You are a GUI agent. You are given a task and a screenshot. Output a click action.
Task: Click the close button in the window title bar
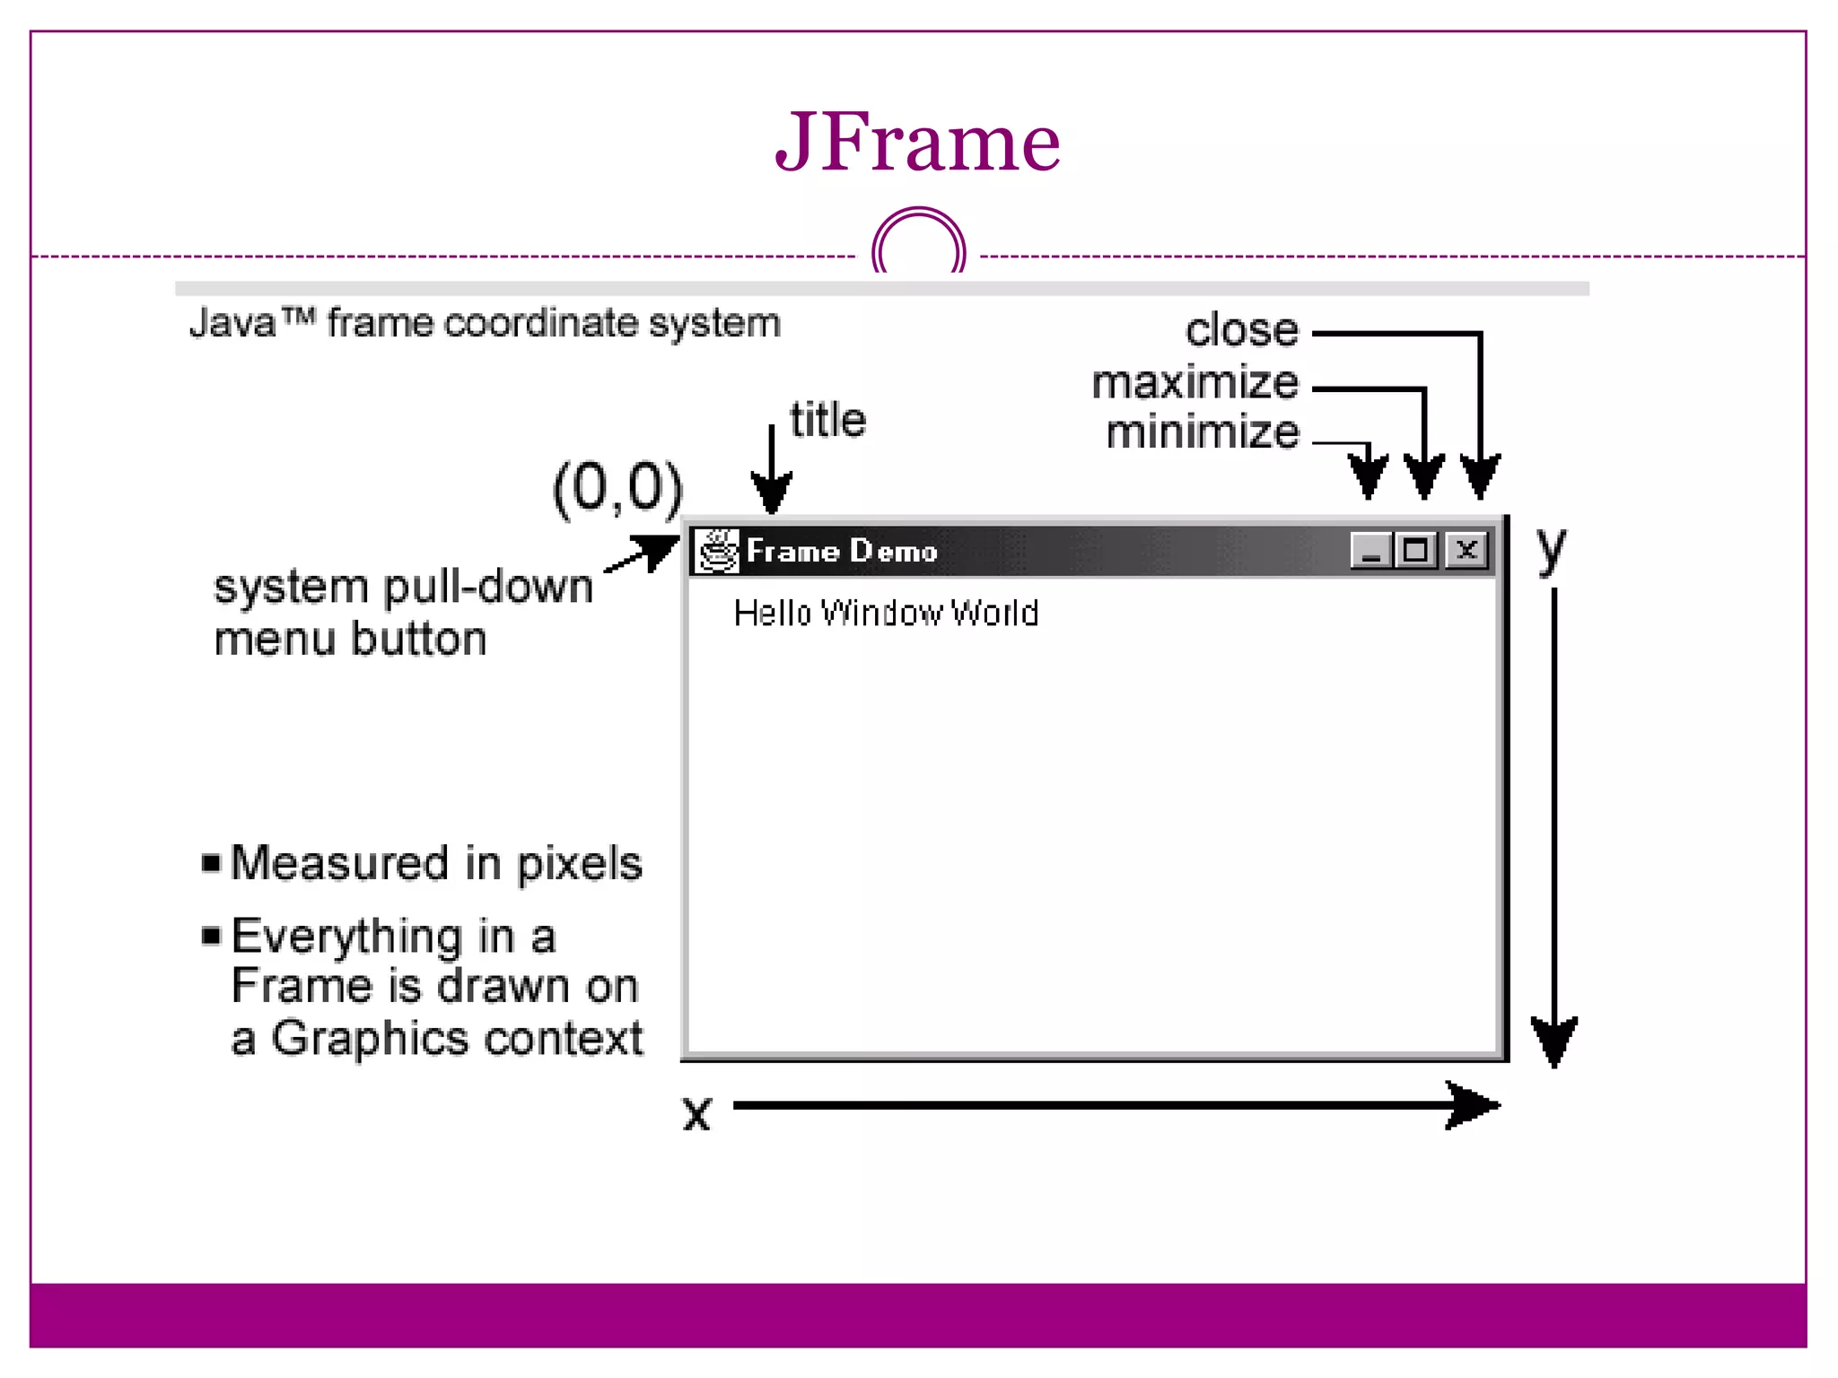tap(1467, 550)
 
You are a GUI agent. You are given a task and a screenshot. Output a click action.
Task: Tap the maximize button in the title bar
tap(1416, 550)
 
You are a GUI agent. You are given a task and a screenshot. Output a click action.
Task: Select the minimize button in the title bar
tap(1370, 550)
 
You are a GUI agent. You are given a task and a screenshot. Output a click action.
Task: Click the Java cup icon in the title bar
tap(718, 550)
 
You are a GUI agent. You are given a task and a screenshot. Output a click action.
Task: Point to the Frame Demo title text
tap(842, 551)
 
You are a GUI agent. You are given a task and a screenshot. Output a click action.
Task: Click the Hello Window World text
tap(886, 613)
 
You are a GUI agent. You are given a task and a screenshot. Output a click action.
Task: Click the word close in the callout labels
tap(1241, 330)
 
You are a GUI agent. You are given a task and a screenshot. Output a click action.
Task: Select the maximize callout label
tap(1195, 383)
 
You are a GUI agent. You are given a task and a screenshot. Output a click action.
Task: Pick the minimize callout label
tap(1203, 432)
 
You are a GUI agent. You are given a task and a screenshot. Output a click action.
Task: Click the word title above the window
tap(827, 420)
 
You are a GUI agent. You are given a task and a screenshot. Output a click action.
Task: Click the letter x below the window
tap(696, 1113)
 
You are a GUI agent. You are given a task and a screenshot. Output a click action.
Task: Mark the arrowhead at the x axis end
tap(1474, 1105)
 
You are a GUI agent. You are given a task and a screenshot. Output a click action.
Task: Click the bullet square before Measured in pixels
tap(212, 863)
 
